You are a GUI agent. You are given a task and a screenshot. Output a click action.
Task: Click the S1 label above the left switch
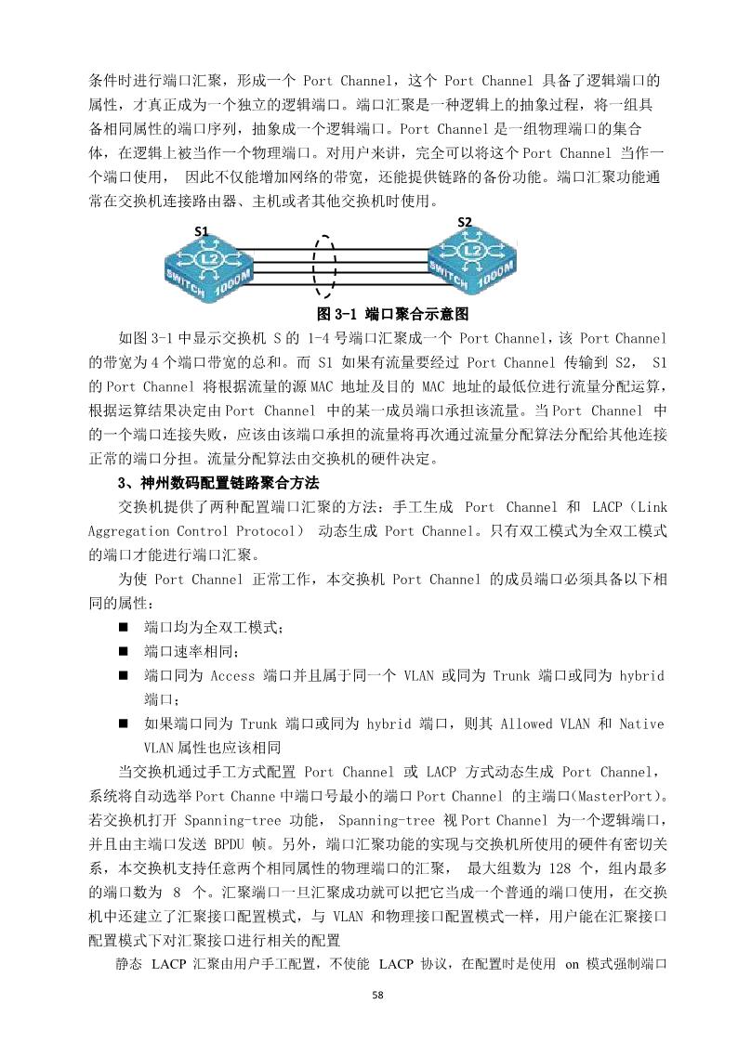201,230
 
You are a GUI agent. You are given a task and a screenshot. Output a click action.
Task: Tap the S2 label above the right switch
465,221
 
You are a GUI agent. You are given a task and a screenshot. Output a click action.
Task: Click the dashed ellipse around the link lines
323,264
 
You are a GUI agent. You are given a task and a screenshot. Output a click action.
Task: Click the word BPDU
232,845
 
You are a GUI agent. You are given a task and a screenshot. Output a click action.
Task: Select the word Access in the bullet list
232,675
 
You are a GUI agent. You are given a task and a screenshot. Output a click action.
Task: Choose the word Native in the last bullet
641,724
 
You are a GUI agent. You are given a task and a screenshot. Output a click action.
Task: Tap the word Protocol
267,531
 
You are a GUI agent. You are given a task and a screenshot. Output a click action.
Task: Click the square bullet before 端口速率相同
123,652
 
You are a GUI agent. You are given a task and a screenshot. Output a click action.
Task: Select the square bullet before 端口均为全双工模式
123,628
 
